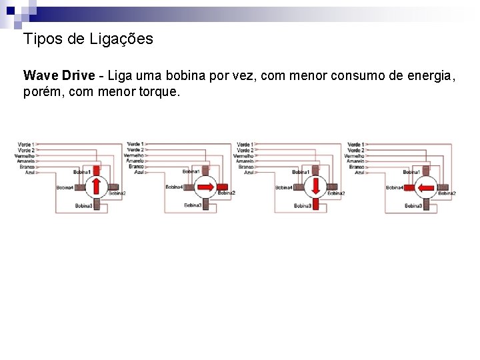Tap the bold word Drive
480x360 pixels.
click(79, 75)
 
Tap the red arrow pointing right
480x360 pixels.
click(206, 187)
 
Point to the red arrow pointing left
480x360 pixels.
click(425, 187)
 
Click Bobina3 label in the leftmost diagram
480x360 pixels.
click(83, 206)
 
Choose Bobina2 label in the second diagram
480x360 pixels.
click(227, 193)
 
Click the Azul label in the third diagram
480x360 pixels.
click(248, 172)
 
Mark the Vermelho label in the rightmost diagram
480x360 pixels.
click(354, 155)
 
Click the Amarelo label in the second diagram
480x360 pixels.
click(135, 161)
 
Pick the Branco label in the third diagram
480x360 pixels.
click(246, 167)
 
